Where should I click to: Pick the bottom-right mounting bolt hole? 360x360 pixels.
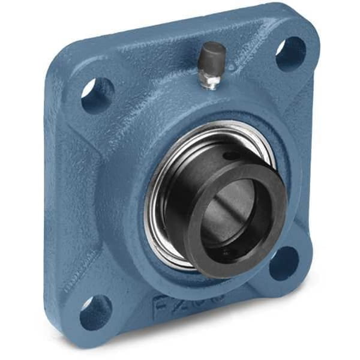[x=283, y=263]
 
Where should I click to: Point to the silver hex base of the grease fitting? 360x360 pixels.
[x=211, y=80]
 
